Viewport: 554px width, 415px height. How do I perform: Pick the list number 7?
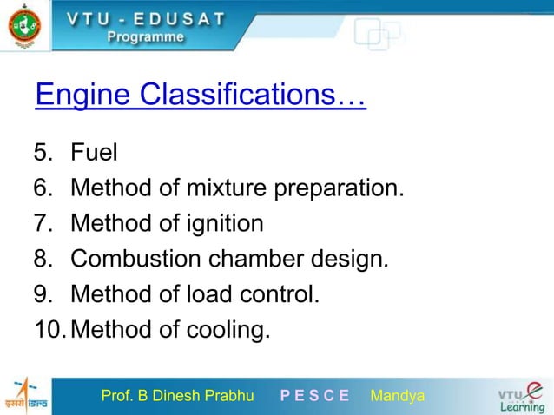click(43, 225)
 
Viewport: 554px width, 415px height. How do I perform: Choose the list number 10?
click(49, 331)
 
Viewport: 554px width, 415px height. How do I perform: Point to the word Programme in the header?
click(145, 37)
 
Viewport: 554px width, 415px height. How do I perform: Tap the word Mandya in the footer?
click(397, 397)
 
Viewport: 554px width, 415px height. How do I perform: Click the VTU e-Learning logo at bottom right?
click(520, 396)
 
